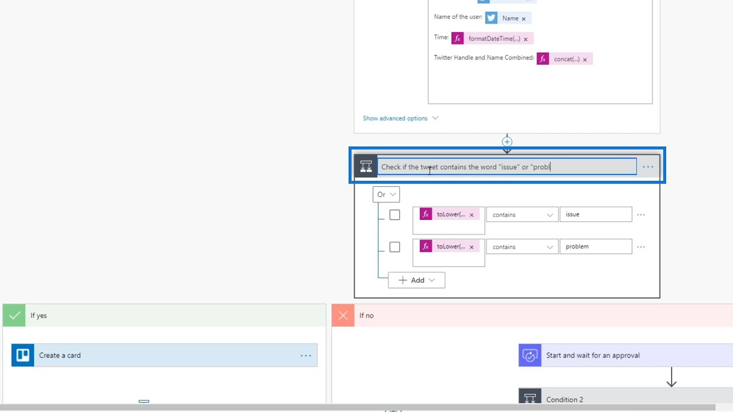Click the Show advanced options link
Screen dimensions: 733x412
coord(395,118)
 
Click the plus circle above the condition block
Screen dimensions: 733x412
coord(507,141)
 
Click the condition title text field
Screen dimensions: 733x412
coord(506,167)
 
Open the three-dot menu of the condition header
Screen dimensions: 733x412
coord(648,167)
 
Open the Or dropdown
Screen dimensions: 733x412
coord(386,195)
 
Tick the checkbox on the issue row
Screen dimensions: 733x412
coord(394,215)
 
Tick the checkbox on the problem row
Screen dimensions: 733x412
coord(394,247)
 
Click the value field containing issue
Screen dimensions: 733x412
coord(595,214)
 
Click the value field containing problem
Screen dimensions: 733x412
coord(595,246)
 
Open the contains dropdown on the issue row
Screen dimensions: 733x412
coord(522,215)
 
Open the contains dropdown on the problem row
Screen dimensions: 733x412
coord(522,247)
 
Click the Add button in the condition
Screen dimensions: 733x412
coord(416,280)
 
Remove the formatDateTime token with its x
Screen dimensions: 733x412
coord(525,39)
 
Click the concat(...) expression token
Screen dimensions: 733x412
coord(566,59)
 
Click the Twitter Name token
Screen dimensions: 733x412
coord(509,18)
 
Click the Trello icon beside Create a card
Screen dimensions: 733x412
coord(23,355)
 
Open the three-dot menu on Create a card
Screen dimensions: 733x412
coord(306,355)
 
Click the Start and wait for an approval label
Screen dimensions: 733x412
coord(592,355)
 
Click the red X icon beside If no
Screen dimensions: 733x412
coord(343,315)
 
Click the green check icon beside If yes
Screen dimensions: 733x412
coord(14,315)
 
